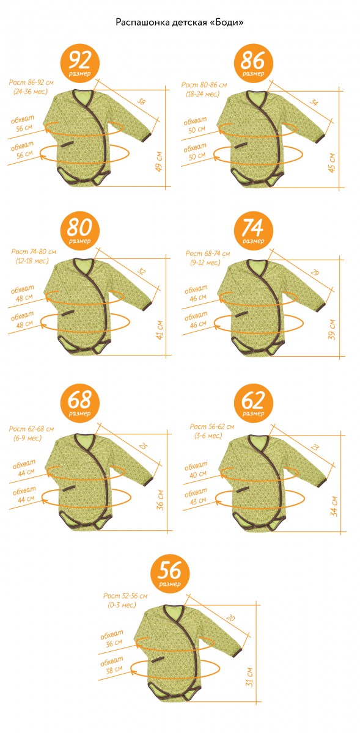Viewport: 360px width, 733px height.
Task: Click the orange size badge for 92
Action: click(x=79, y=64)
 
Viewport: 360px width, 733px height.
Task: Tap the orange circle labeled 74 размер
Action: click(x=253, y=231)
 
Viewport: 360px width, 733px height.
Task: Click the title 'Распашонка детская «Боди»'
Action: click(x=180, y=22)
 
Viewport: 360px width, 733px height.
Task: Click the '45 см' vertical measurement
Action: click(x=332, y=162)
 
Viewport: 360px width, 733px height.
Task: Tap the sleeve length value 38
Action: click(x=141, y=101)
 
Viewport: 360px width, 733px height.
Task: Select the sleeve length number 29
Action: click(x=314, y=272)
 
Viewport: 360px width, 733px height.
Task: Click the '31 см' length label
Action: click(x=249, y=677)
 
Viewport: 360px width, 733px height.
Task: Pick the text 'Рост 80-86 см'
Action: click(x=204, y=85)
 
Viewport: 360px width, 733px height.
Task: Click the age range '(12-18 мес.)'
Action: click(x=32, y=261)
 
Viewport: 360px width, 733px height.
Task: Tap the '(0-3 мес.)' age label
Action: click(x=122, y=605)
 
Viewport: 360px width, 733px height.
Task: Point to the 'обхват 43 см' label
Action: click(x=196, y=496)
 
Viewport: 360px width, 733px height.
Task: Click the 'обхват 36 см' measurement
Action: click(x=112, y=639)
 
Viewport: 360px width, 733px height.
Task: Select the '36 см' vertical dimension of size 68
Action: click(x=160, y=500)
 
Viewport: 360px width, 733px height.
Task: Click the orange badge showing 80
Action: click(x=79, y=231)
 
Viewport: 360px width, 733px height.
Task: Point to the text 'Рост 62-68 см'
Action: click(x=31, y=429)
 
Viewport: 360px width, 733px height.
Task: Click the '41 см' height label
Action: click(x=160, y=330)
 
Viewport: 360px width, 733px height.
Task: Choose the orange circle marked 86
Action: click(x=253, y=64)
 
